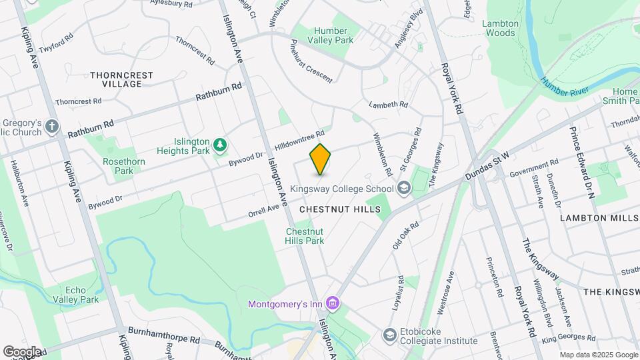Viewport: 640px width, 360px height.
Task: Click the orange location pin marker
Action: point(321,159)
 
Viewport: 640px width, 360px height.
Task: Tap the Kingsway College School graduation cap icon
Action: point(403,189)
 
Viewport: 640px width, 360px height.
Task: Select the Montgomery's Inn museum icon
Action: point(334,305)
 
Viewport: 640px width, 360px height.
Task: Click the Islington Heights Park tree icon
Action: point(219,145)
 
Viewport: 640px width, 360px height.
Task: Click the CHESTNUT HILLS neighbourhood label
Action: point(339,209)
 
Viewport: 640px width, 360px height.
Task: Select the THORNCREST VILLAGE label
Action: point(117,79)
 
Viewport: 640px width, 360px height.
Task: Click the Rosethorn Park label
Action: point(119,166)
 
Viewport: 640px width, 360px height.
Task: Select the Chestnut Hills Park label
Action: point(305,236)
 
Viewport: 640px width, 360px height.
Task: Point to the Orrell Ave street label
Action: point(263,209)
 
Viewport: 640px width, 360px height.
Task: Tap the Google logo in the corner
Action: point(23,352)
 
